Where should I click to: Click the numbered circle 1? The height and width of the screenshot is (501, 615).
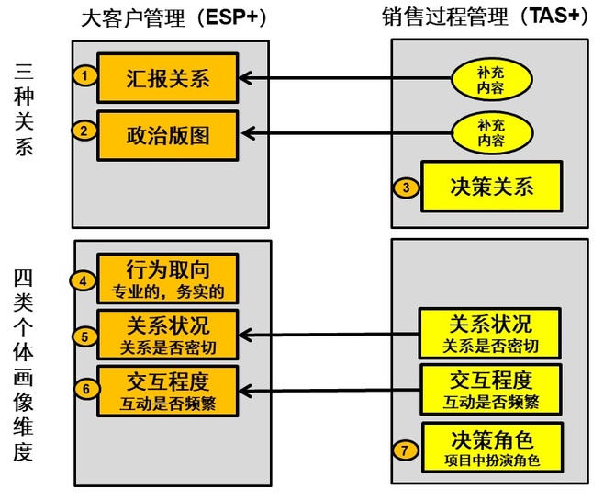pyautogui.click(x=84, y=76)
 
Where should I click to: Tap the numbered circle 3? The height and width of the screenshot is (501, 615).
pyautogui.click(x=406, y=188)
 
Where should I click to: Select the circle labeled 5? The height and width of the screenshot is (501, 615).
pyautogui.click(x=84, y=336)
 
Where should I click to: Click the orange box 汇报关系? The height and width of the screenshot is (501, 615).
pyautogui.click(x=168, y=77)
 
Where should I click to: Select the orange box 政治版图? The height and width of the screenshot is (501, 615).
pyautogui.click(x=168, y=134)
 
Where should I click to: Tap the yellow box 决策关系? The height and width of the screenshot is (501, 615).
pyautogui.click(x=491, y=187)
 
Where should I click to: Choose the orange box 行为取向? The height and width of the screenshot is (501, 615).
pyautogui.click(x=168, y=279)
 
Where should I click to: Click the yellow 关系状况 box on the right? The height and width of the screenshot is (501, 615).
pyautogui.click(x=490, y=334)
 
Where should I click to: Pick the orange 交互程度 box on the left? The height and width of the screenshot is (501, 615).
pyautogui.click(x=168, y=390)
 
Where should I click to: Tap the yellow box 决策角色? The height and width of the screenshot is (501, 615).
pyautogui.click(x=491, y=448)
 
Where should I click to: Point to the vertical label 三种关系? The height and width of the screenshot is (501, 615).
pyautogui.click(x=25, y=108)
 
